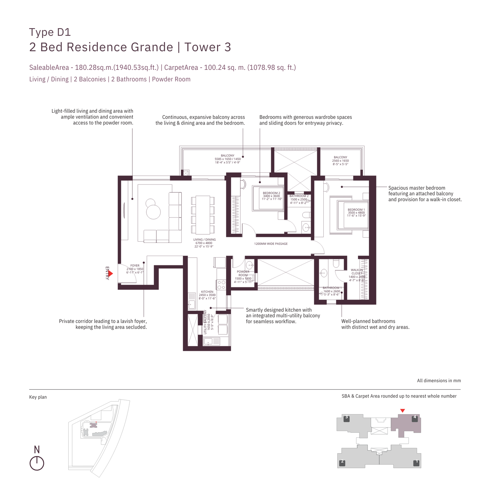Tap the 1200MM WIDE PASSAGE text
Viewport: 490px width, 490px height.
(x=271, y=244)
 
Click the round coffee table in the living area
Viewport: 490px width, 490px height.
(x=153, y=212)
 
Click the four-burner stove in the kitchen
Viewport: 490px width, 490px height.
(x=221, y=285)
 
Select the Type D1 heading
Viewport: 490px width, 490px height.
(x=50, y=32)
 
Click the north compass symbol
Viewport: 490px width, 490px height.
(x=37, y=463)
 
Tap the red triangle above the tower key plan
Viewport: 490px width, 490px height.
(x=403, y=411)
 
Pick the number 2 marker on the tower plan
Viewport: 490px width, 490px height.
(x=342, y=462)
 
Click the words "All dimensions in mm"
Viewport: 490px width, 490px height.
(x=439, y=381)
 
